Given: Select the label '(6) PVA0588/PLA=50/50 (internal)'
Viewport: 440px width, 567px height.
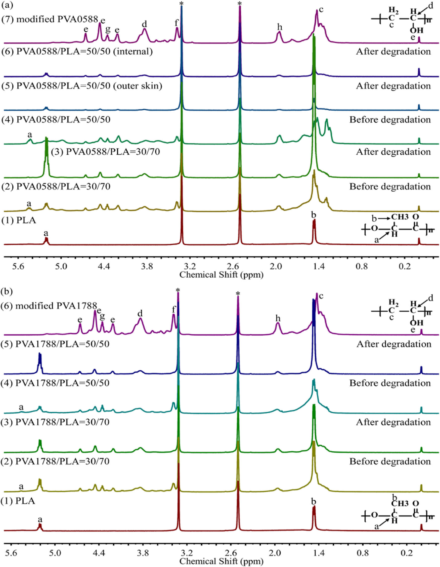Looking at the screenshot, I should [x=77, y=52].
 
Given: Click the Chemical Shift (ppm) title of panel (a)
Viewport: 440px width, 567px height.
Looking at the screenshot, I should [x=221, y=275].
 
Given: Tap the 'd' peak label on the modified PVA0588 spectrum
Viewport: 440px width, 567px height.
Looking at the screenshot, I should [x=144, y=24].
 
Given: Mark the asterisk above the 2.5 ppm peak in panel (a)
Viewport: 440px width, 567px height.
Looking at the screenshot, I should [x=240, y=3].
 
